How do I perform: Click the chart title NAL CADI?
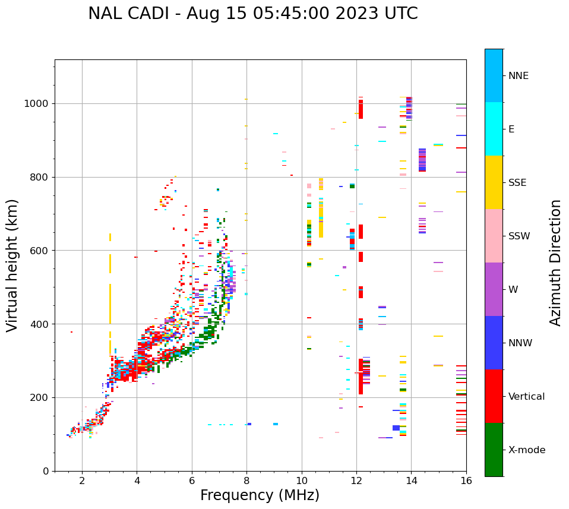[252, 14]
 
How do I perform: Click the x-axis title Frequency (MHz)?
[260, 495]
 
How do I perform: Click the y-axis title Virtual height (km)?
[12, 265]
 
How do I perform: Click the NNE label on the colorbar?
[518, 76]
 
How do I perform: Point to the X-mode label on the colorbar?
[526, 450]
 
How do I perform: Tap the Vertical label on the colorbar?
[526, 397]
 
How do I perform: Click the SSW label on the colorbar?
[519, 236]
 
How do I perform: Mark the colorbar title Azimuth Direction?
[555, 263]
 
